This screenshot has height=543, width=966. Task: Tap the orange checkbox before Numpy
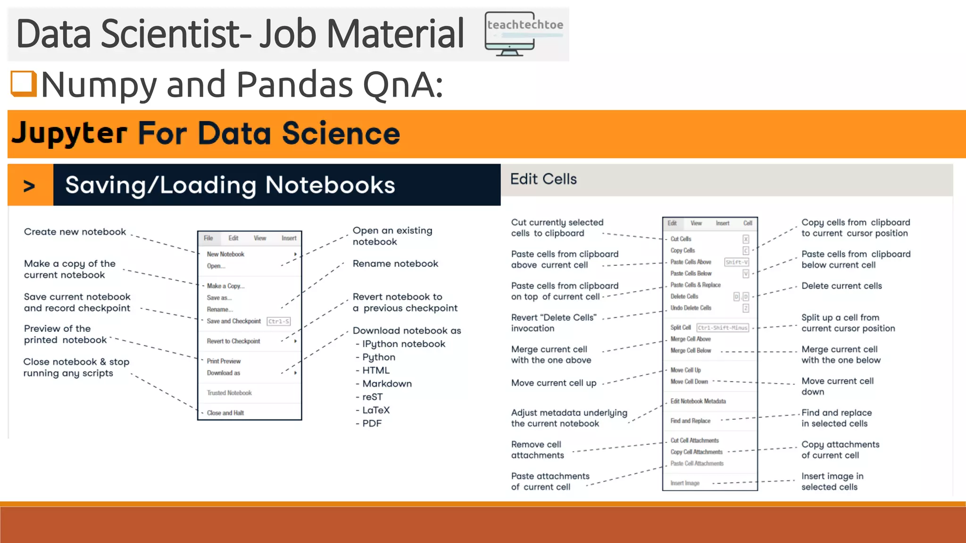24,83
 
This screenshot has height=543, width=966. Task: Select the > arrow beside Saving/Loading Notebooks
29,186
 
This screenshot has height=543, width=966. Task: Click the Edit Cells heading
543,179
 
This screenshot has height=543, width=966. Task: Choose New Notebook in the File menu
225,254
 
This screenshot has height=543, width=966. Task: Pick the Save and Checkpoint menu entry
233,321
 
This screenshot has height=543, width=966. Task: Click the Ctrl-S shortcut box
279,321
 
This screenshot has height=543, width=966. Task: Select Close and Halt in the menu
225,413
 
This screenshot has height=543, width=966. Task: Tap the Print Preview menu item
224,361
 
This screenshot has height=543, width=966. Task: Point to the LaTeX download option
376,410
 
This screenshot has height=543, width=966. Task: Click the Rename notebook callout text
395,263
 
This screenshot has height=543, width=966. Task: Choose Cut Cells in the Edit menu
681,239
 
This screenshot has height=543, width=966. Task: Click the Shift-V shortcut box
736,262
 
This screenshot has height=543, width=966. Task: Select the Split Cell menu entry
681,328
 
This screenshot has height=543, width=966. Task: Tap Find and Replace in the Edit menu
691,421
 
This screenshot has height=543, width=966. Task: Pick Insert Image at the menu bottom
685,483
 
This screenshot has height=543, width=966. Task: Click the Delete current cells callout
841,286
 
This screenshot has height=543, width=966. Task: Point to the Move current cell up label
554,383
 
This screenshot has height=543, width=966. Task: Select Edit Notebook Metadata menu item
698,401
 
